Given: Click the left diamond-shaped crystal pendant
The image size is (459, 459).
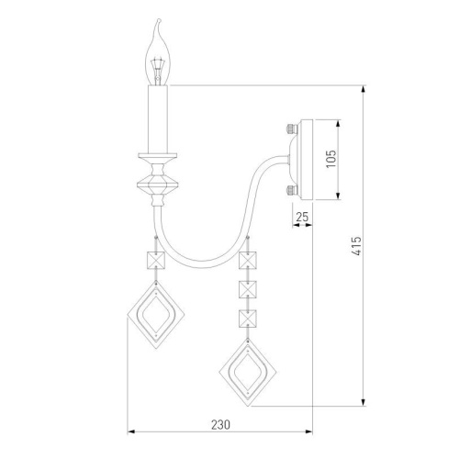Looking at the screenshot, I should click(154, 315).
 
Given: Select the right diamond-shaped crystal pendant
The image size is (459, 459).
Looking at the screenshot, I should click(245, 370).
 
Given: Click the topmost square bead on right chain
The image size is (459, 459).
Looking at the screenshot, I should click(245, 261).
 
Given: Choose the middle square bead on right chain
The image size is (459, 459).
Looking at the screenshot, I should click(245, 289).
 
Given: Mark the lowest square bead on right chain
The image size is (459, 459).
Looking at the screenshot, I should click(245, 318).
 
